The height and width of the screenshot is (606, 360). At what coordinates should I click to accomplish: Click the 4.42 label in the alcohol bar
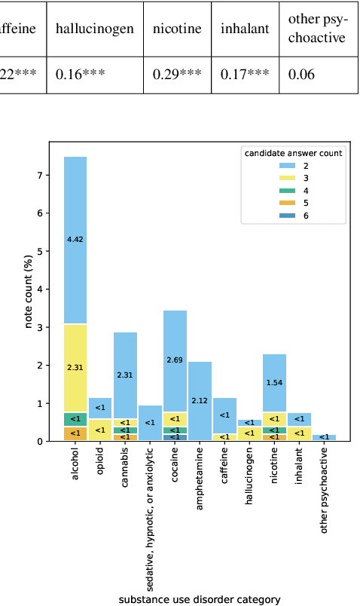(75, 239)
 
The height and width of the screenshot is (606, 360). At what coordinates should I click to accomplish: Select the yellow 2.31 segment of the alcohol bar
(75, 367)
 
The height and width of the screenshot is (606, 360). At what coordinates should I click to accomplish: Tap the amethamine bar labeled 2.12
(200, 400)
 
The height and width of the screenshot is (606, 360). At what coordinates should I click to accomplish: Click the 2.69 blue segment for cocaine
(175, 360)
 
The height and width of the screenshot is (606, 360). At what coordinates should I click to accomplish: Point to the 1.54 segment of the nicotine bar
(274, 383)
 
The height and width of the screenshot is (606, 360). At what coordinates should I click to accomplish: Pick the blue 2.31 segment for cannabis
(125, 375)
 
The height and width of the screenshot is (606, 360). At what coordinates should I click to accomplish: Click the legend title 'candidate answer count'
(293, 153)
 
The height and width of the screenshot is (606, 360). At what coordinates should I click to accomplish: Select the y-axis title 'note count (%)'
(29, 289)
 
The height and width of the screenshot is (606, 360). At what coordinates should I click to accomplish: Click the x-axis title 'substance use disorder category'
(200, 599)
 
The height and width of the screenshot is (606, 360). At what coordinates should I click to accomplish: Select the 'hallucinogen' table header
(95, 29)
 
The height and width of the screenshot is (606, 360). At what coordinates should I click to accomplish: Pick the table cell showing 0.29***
(177, 75)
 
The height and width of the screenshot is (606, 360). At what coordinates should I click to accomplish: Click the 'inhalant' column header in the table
(245, 29)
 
